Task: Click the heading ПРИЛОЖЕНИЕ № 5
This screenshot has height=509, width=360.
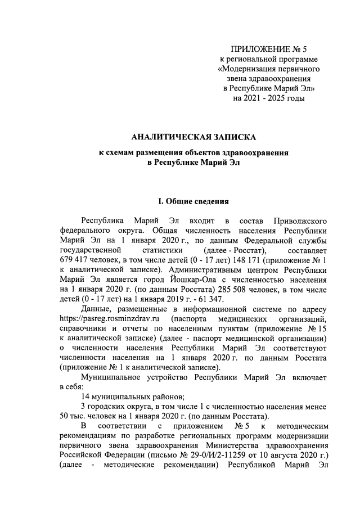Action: (x=268, y=49)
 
